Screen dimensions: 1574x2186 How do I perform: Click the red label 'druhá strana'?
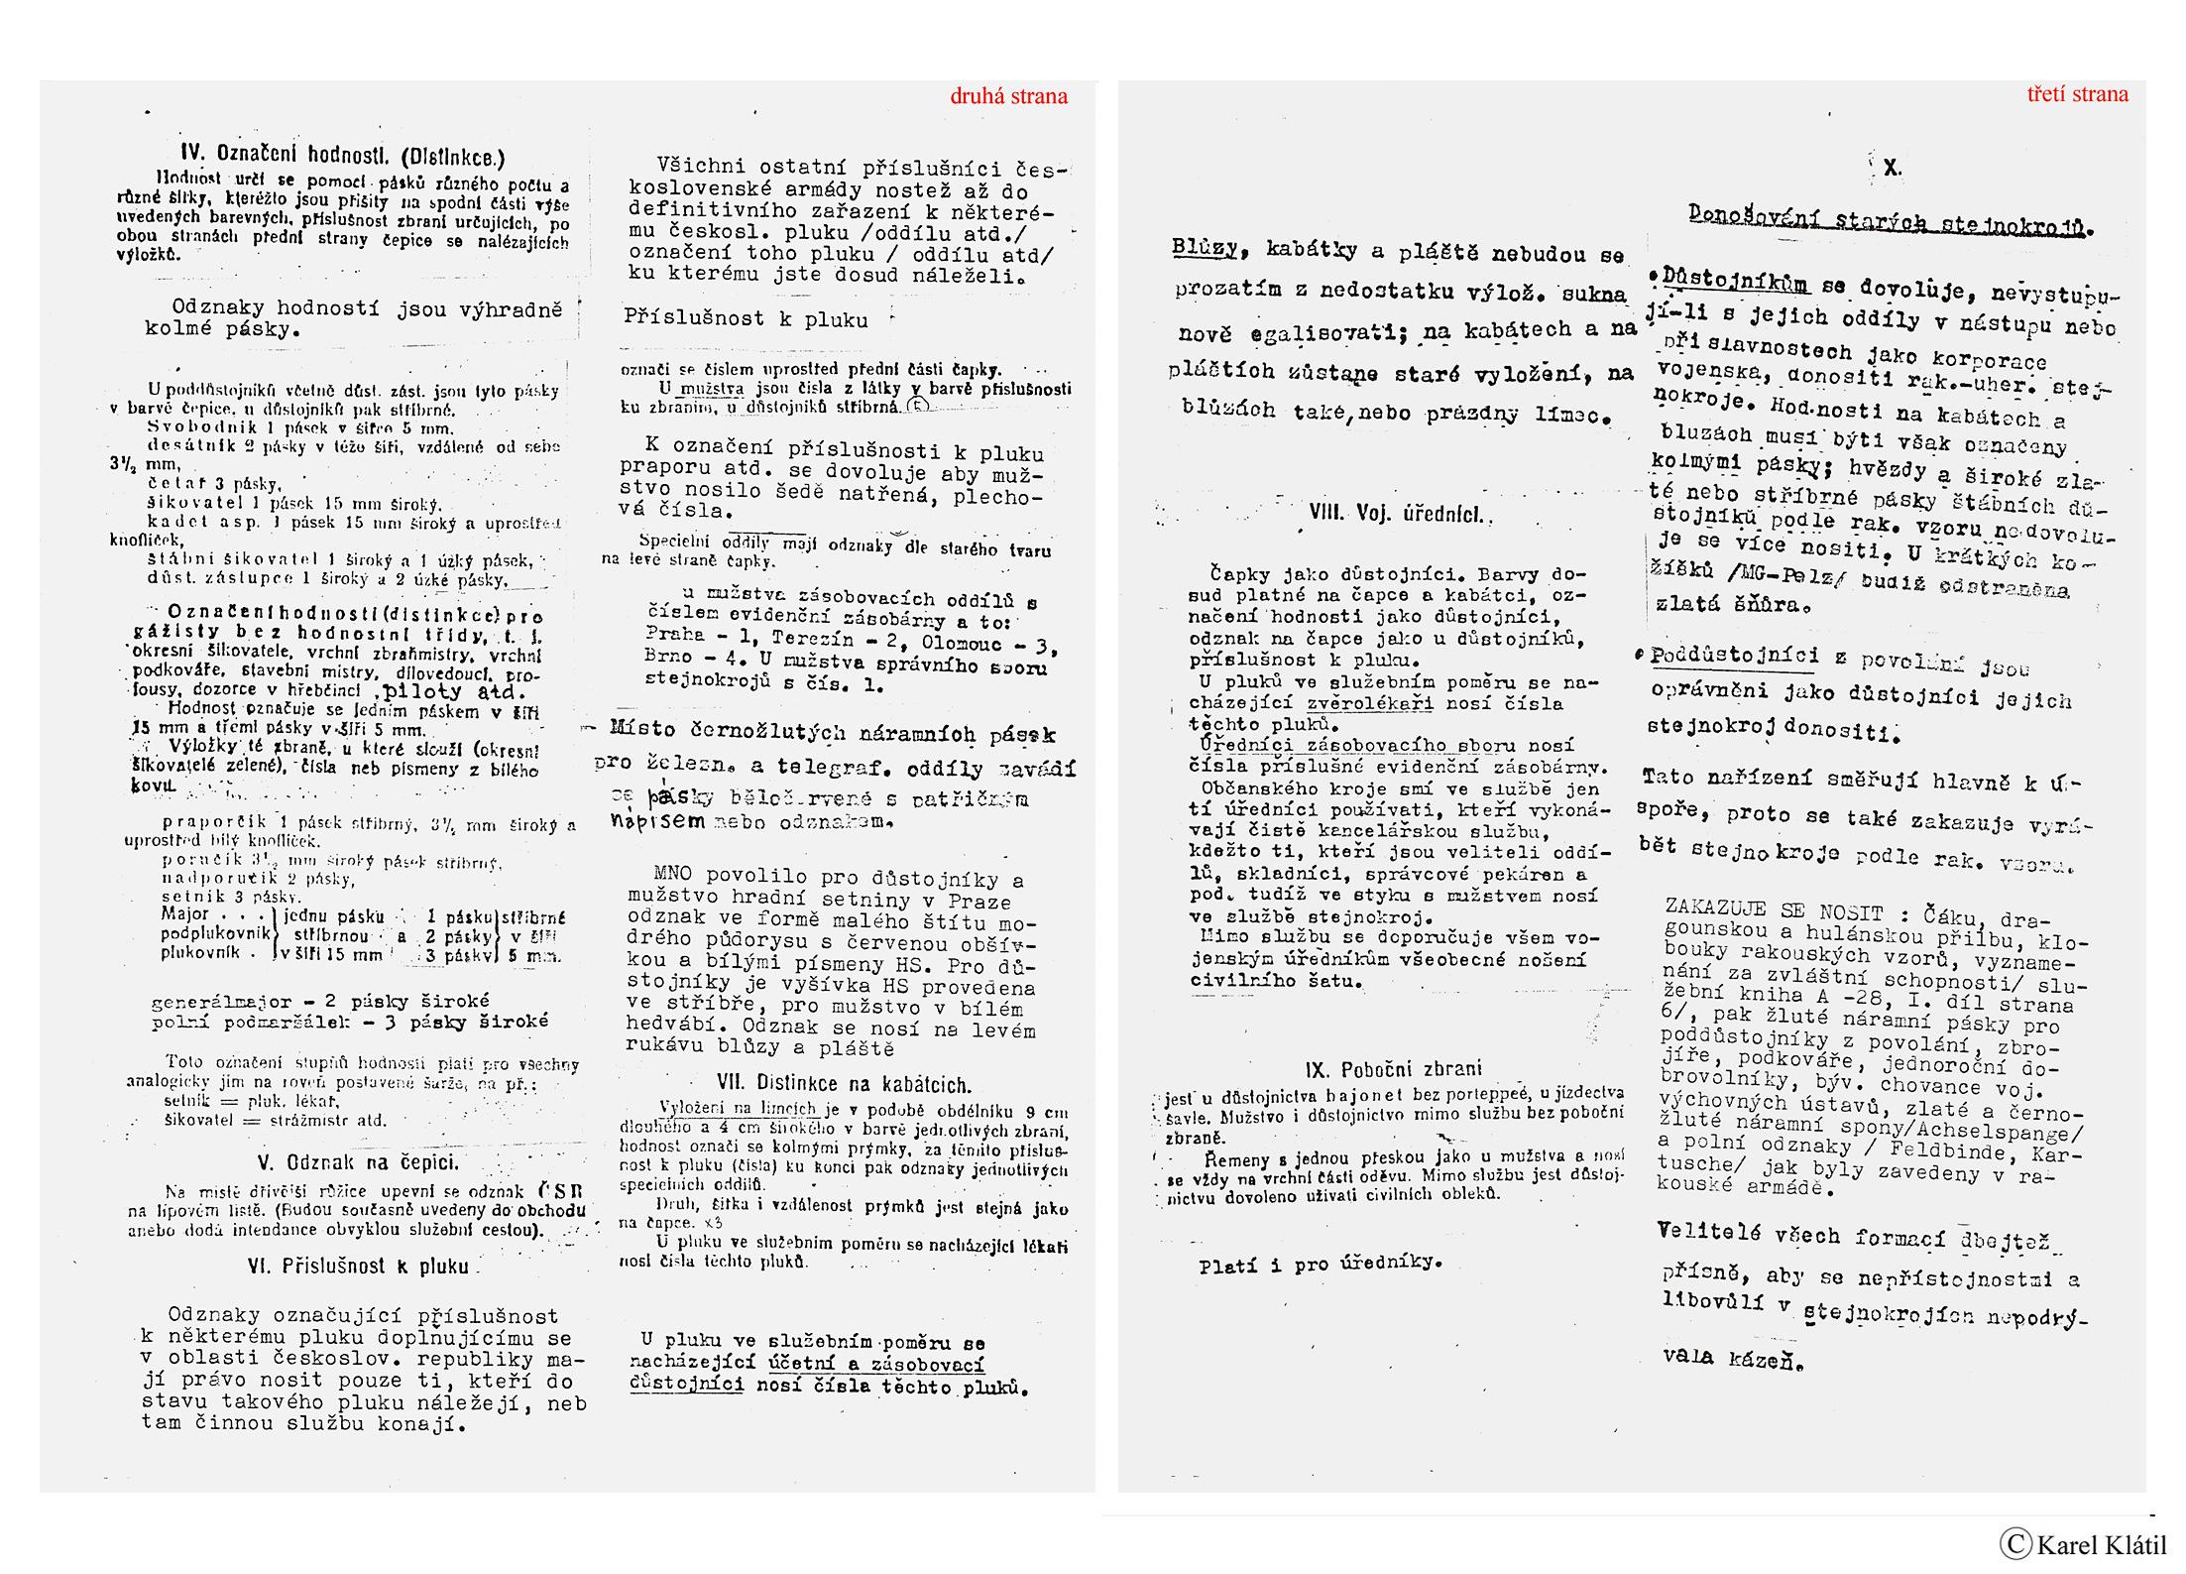1008,96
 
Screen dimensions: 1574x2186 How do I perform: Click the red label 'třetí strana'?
2077,94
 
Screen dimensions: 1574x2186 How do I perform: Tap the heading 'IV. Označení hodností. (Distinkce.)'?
342,156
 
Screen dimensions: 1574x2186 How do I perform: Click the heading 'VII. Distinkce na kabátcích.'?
843,1084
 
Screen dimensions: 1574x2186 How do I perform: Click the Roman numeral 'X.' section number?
1892,169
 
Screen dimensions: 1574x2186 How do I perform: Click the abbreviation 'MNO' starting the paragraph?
673,876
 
